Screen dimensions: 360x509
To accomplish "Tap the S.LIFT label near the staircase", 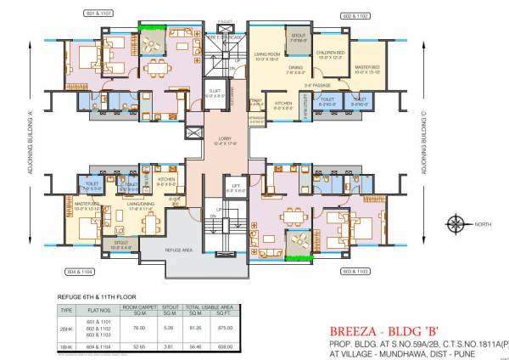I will coord(215,93).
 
